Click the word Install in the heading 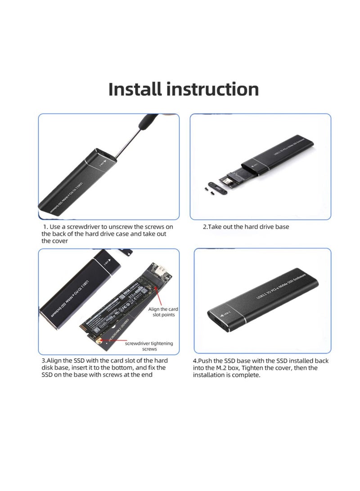135,89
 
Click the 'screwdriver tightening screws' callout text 148,346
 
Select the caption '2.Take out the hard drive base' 246,227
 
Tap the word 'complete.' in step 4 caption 247,374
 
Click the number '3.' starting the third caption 44,361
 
